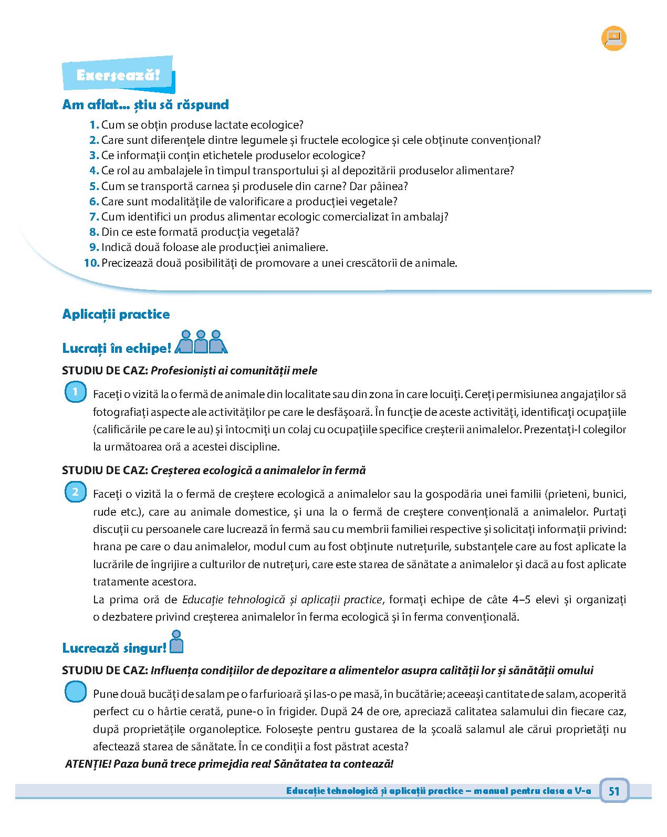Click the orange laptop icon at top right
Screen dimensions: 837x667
point(613,38)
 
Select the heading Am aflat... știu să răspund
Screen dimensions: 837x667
point(145,104)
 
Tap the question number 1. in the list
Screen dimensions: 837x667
point(95,125)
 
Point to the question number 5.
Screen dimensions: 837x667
point(94,186)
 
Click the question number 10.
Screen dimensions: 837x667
point(91,263)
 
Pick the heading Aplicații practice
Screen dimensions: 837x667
point(116,314)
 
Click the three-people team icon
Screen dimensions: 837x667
point(200,342)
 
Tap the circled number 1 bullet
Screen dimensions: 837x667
point(76,392)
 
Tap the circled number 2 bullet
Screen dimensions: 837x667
point(76,492)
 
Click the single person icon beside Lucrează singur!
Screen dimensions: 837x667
point(177,642)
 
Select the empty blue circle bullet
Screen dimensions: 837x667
point(76,692)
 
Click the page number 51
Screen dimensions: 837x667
point(614,791)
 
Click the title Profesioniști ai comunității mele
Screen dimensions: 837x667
point(234,370)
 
